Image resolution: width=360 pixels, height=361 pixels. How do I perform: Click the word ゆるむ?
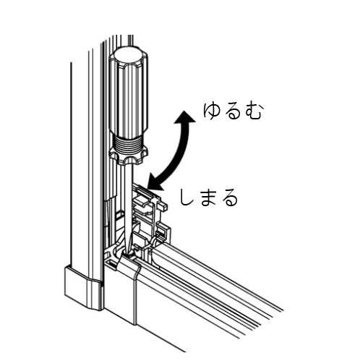coord(232,111)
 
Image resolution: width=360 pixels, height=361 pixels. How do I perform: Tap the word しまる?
coord(209,197)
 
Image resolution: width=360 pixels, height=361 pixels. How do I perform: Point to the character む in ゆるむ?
coord(252,111)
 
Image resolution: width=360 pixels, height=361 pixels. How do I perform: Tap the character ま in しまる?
coord(209,198)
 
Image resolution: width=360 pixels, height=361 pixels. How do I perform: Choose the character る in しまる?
coord(229,198)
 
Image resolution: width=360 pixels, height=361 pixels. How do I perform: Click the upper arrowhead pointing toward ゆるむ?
coord(185,117)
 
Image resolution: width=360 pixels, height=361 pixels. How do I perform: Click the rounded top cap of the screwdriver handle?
coord(128,57)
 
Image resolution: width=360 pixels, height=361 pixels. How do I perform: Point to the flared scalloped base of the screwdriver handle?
coord(128,156)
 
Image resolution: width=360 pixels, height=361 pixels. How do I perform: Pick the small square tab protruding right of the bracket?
coord(163,205)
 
